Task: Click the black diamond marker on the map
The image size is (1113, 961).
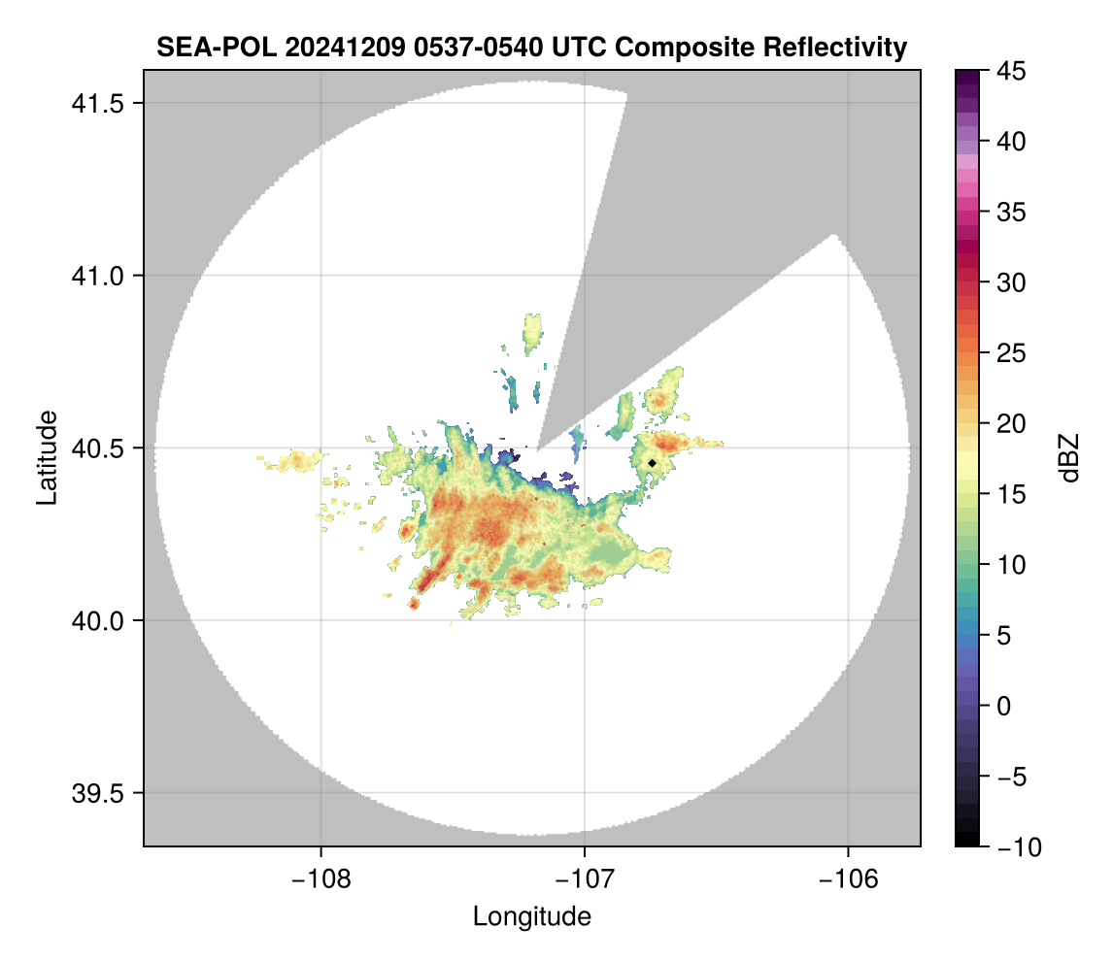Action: pyautogui.click(x=653, y=463)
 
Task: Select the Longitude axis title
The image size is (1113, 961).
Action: pyautogui.click(x=532, y=916)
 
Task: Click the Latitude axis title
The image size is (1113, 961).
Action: pyautogui.click(x=46, y=457)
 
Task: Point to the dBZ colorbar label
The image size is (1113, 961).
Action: pyautogui.click(x=1069, y=457)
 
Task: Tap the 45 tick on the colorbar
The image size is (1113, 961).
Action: pyautogui.click(x=1010, y=71)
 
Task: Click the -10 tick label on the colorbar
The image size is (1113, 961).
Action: pyautogui.click(x=1015, y=847)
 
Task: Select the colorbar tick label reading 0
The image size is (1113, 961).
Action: pyautogui.click(x=1005, y=706)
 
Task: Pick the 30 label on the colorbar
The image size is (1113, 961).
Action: pyautogui.click(x=1010, y=282)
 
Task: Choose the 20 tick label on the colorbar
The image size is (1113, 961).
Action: pyautogui.click(x=1010, y=423)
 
